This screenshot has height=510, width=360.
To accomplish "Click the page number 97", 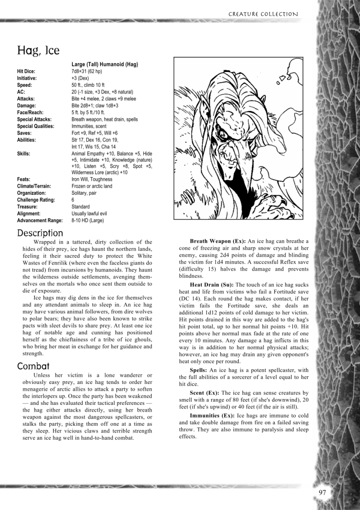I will (323, 493).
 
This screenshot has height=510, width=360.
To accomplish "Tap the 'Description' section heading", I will (40, 233).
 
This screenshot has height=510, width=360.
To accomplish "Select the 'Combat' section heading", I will (33, 366).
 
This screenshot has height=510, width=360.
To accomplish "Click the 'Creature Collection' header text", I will (263, 14).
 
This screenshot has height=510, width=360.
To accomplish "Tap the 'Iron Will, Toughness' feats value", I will (92, 180).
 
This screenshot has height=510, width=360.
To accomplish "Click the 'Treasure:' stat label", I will (28, 207).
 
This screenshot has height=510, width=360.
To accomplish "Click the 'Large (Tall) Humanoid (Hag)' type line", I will (105, 64).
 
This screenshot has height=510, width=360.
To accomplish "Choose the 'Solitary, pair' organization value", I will (86, 193).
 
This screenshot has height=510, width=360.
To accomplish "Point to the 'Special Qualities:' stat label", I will (36, 127).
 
